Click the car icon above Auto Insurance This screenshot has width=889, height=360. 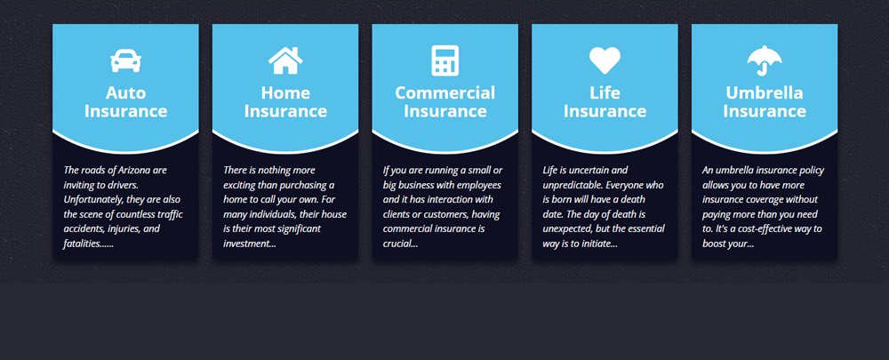click(125, 60)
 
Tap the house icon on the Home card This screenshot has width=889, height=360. click(285, 60)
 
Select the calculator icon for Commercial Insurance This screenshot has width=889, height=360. click(444, 60)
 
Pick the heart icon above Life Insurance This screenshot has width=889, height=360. click(605, 60)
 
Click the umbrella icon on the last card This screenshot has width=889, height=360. click(765, 60)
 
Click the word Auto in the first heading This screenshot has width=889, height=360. click(125, 92)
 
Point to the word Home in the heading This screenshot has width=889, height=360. click(285, 92)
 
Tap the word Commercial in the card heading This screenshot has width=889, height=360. click(444, 92)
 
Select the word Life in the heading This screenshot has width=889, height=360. click(605, 92)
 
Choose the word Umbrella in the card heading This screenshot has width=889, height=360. click(765, 92)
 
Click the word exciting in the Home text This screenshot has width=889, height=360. click(244, 184)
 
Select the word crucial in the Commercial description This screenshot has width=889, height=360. click(401, 244)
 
